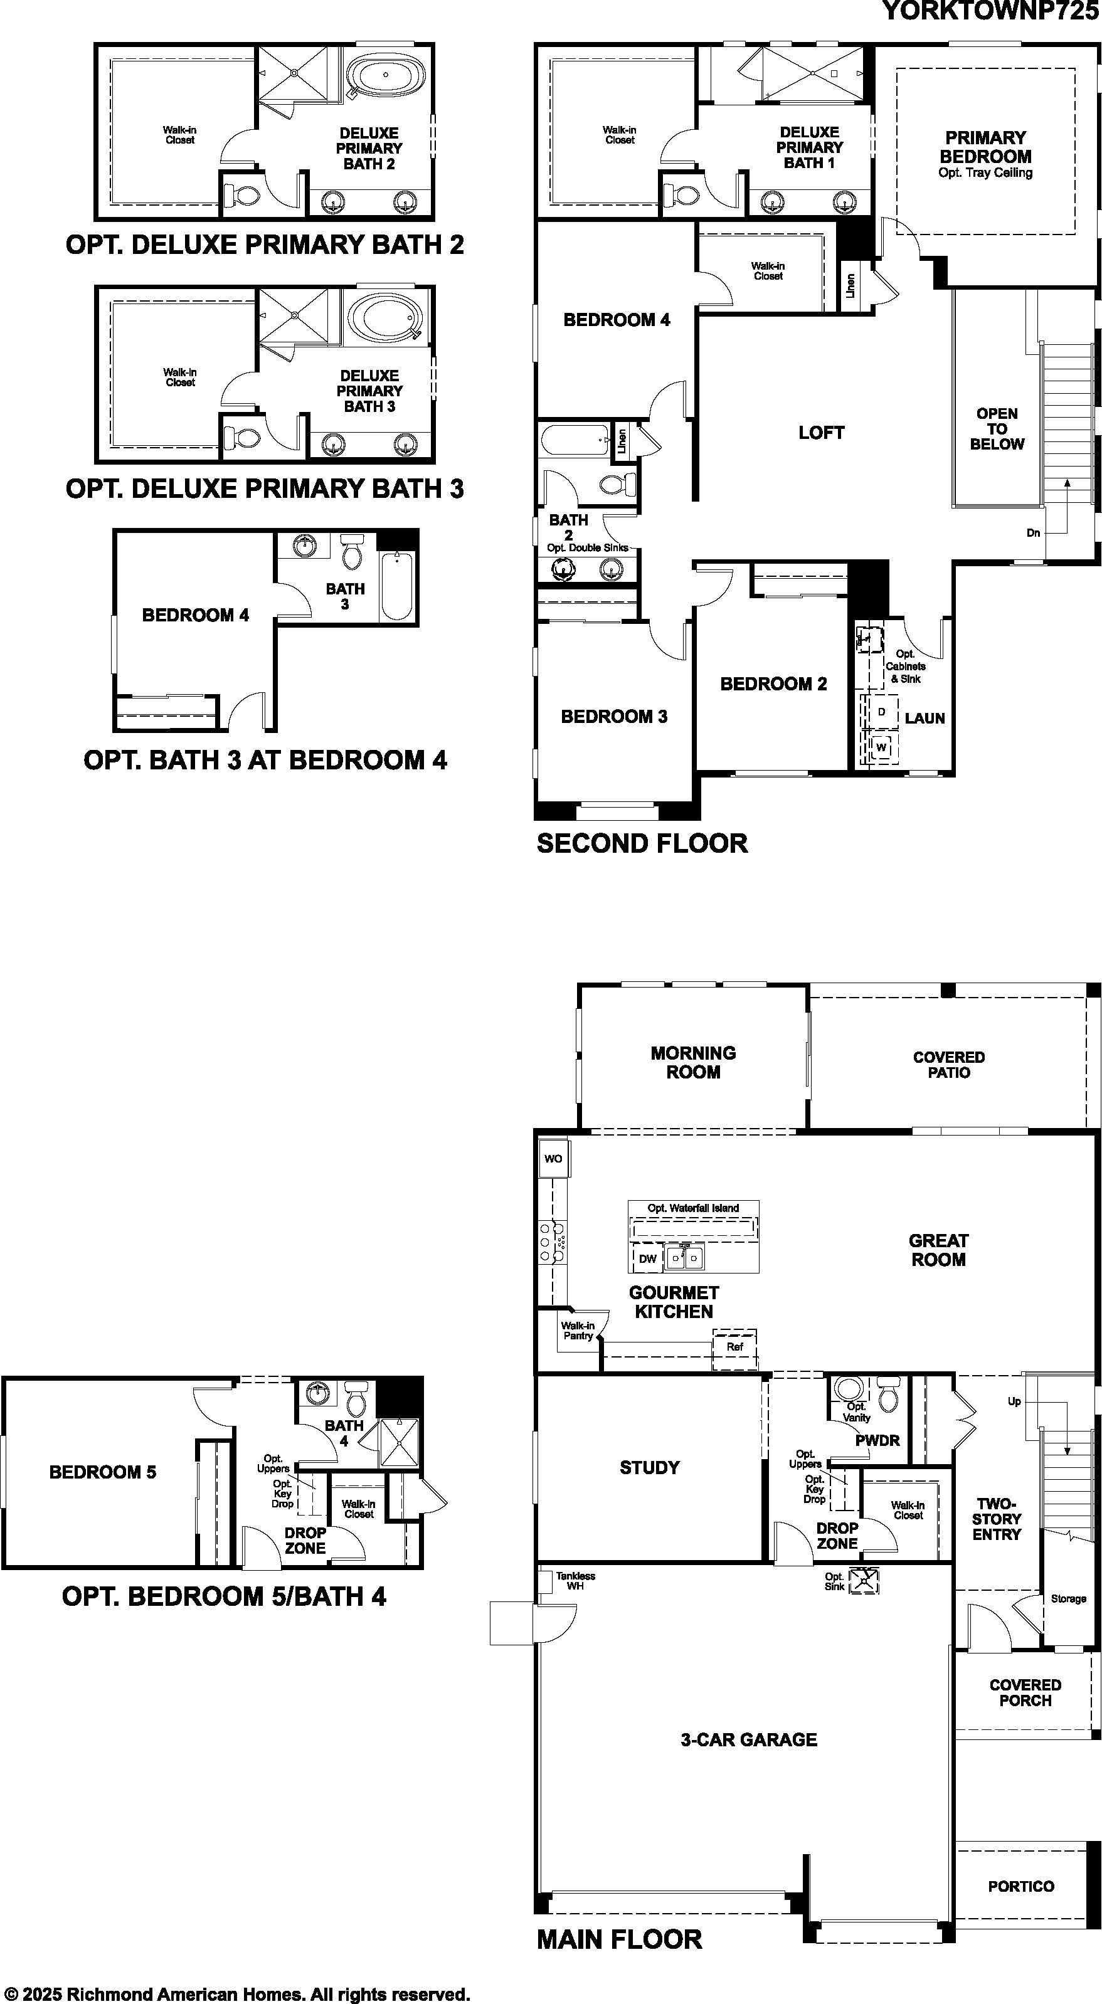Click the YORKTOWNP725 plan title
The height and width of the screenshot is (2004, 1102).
pos(991,11)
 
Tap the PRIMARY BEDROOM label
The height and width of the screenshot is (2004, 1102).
pos(985,147)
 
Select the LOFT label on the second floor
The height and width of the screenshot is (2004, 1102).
pos(821,433)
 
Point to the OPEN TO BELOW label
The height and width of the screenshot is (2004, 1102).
pos(997,429)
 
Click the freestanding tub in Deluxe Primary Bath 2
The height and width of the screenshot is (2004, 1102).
pos(386,76)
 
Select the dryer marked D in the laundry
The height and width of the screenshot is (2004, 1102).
pos(881,712)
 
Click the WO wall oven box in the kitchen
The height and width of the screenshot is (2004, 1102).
pos(553,1158)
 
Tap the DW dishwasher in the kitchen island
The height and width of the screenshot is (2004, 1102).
pos(647,1258)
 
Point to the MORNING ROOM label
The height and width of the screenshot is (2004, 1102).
pos(694,1062)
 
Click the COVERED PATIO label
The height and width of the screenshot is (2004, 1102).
pos(949,1064)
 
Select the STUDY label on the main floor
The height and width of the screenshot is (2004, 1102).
pos(650,1467)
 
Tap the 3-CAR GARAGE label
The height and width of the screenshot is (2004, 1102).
pos(749,1739)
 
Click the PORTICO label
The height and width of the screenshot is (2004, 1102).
pos(1021,1885)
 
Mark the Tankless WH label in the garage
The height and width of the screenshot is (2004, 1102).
pos(575,1581)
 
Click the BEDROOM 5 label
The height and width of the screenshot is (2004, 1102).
pos(103,1472)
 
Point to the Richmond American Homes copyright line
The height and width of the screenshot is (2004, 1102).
pos(236,1994)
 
